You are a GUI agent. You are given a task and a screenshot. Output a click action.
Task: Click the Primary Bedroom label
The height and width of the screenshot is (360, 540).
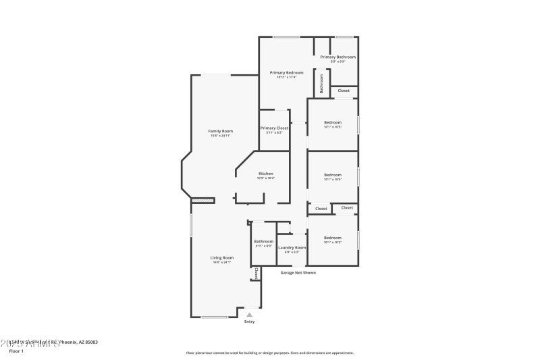coord(286,72)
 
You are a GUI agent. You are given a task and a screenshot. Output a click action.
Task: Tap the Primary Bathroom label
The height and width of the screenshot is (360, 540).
coord(337,57)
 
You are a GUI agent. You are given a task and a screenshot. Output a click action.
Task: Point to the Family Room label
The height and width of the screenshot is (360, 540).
coord(220,131)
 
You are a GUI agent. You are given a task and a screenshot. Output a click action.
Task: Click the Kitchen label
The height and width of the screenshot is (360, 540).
coord(265,174)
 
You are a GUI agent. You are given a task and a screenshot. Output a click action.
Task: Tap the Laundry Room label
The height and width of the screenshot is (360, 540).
coord(292,247)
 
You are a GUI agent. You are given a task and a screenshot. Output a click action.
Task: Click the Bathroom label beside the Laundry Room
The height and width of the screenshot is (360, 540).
coord(263,241)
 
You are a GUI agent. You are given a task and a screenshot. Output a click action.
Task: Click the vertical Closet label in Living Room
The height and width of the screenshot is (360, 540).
coord(256,274)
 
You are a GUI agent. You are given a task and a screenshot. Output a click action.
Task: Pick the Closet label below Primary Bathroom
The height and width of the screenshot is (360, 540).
coord(344,90)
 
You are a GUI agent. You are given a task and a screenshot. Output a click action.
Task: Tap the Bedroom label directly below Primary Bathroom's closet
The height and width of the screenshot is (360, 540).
coord(333,122)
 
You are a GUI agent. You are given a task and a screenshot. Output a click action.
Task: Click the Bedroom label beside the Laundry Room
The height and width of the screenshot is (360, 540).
coord(333,237)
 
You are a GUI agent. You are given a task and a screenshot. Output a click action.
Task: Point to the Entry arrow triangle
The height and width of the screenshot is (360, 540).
coord(250,314)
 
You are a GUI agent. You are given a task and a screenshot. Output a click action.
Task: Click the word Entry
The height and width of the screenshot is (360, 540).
coord(250,322)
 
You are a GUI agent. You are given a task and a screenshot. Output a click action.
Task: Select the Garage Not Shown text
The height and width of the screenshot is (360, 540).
coord(298,272)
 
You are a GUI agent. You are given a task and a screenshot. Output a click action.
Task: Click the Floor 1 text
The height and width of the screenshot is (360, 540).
coord(16,351)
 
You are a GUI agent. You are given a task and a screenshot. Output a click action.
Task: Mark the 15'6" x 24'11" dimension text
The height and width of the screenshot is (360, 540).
coord(220,136)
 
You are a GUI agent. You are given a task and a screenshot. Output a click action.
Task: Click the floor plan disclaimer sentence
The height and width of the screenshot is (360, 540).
coord(269,353)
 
